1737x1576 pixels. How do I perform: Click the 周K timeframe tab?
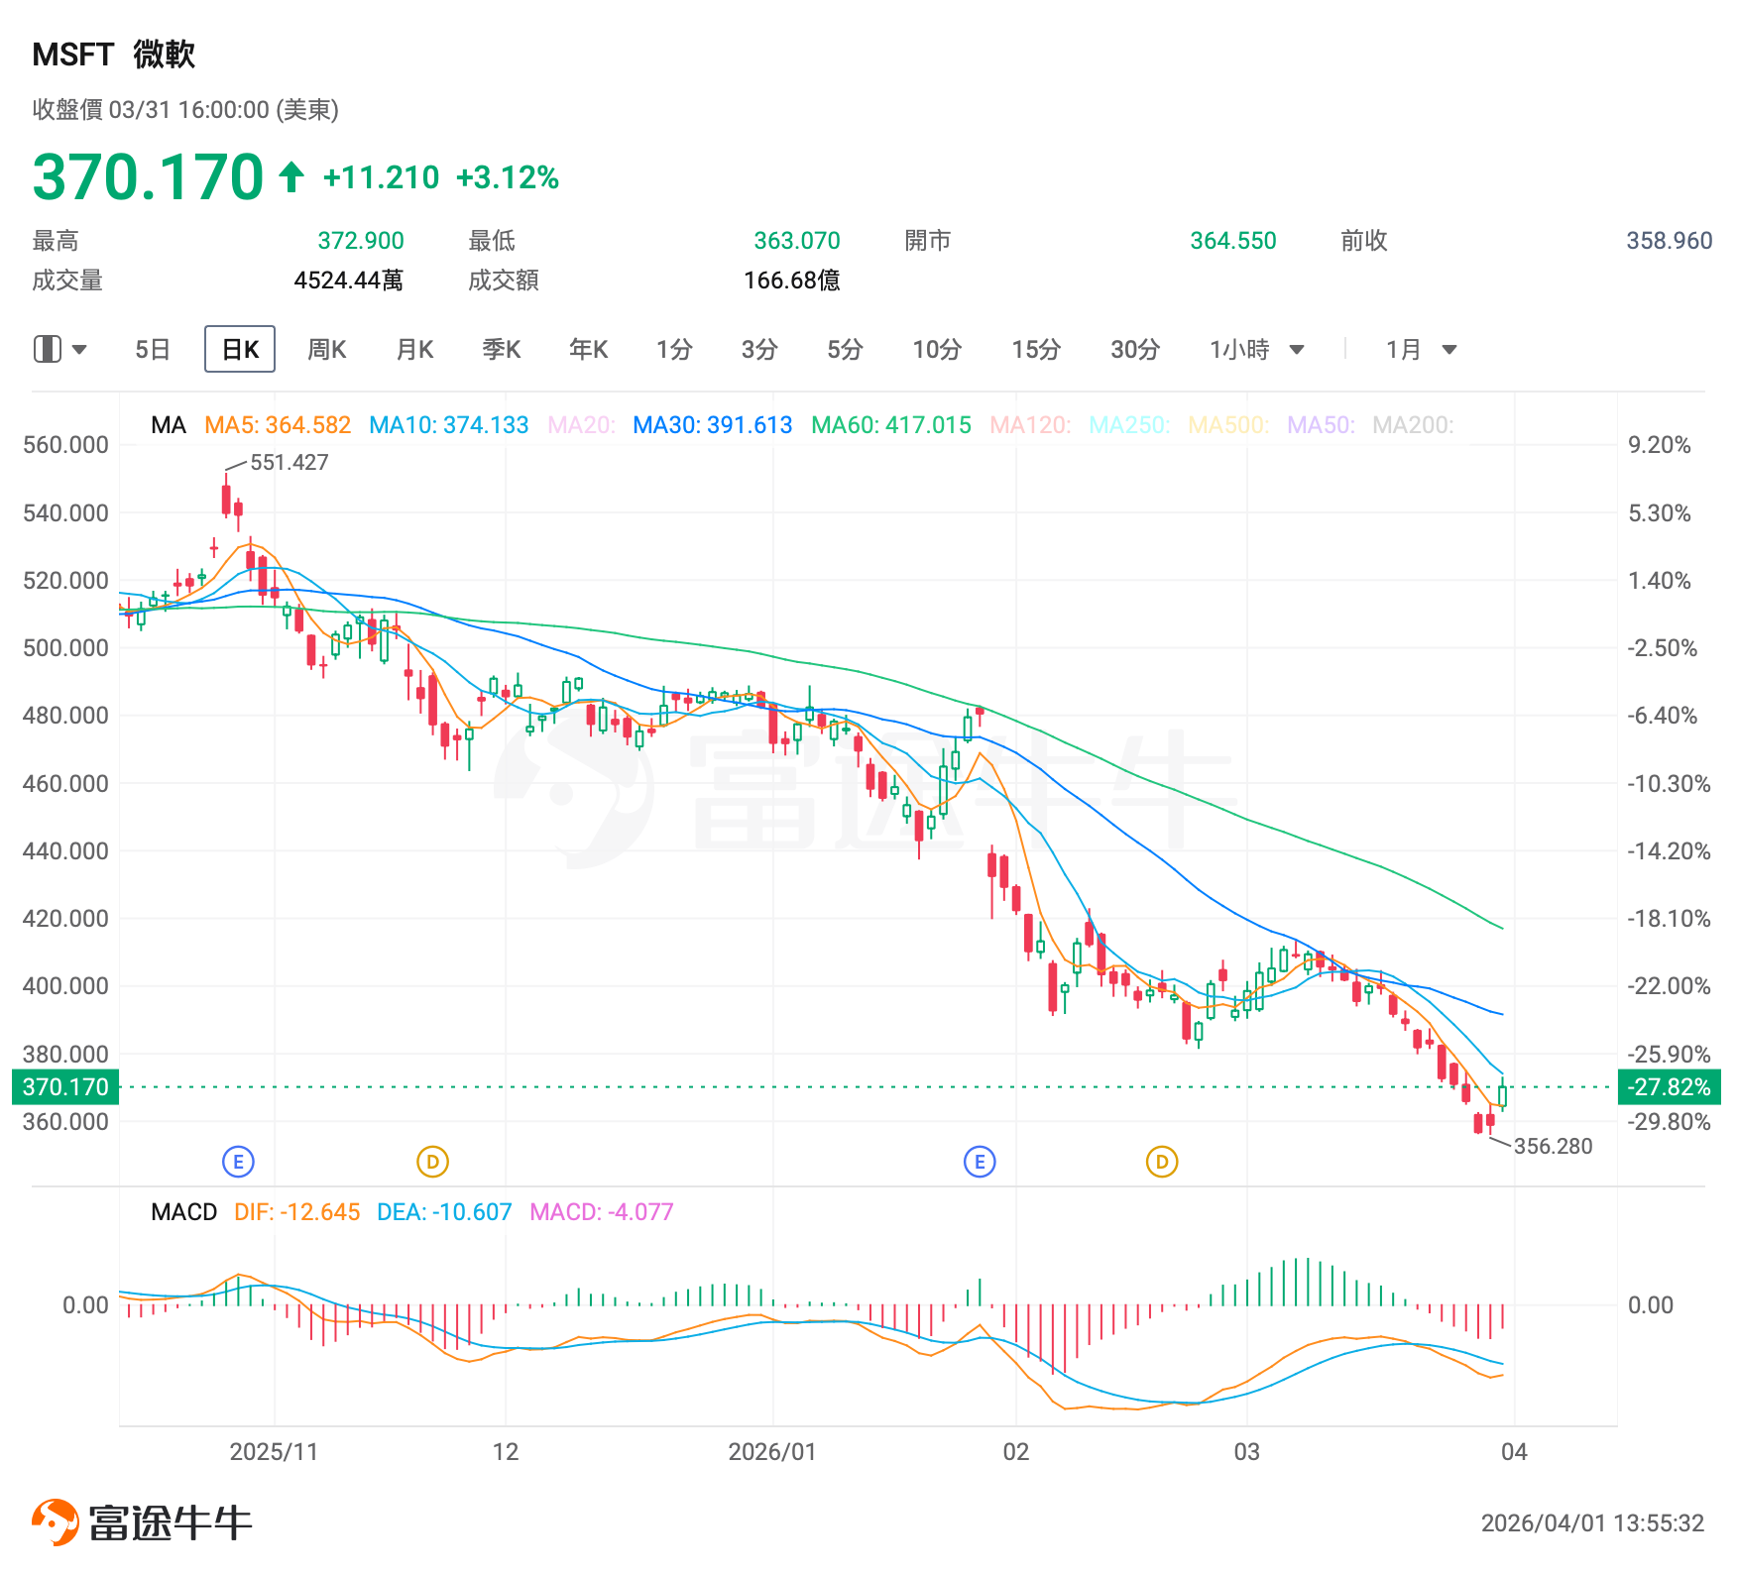[326, 349]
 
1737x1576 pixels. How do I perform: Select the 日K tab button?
[240, 349]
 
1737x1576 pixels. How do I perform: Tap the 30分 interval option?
[1134, 349]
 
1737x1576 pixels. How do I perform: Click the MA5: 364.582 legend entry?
[278, 425]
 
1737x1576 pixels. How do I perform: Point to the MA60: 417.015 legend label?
[890, 425]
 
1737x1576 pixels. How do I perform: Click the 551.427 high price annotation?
[289, 462]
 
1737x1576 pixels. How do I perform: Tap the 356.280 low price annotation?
[1553, 1146]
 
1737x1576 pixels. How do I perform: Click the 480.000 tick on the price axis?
[65, 715]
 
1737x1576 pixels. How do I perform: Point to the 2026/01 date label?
[771, 1452]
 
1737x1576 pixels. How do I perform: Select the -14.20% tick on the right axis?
[1669, 850]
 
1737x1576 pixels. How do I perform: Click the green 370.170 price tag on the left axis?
[65, 1087]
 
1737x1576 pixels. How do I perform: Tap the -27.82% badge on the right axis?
[1670, 1087]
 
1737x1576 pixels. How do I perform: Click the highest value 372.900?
[361, 241]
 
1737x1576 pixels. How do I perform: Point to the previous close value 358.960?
[1669, 241]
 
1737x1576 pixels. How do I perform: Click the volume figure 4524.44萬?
[348, 281]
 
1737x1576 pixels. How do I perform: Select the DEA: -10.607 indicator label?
[444, 1212]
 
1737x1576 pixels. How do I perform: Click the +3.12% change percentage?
[508, 177]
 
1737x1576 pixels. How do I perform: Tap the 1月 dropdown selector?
[1421, 349]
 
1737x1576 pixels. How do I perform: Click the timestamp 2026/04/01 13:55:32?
[1592, 1523]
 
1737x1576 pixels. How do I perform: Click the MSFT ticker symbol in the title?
[73, 55]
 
